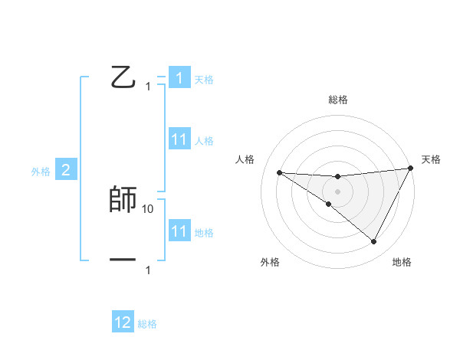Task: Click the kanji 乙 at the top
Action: pos(123,77)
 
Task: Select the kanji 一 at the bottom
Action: pos(123,260)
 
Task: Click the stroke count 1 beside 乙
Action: pos(148,87)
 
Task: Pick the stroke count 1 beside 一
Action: pos(148,270)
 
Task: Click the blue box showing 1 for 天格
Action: pos(179,77)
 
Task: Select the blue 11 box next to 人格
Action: pos(179,139)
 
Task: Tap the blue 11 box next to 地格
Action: pos(179,231)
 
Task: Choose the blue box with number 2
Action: pos(66,170)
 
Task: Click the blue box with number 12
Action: pos(123,322)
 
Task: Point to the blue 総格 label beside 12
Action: pos(147,324)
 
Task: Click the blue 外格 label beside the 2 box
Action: pos(41,172)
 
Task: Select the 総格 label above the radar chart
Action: pos(337,100)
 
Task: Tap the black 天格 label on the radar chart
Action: pos(431,159)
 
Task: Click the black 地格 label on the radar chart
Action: pos(402,262)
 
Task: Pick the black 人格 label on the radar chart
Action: pos(245,159)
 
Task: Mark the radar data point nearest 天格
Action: pos(411,169)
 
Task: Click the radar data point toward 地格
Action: pos(374,242)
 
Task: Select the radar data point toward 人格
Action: pos(279,172)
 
